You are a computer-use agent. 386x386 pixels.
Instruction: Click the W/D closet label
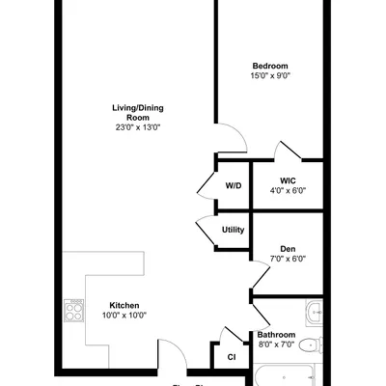tap(234, 184)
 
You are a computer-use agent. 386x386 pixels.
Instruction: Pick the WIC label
tap(288, 180)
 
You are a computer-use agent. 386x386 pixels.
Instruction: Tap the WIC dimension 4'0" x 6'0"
tap(288, 191)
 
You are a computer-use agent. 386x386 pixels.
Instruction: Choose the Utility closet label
tap(234, 230)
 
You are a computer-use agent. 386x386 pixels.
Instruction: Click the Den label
tap(288, 248)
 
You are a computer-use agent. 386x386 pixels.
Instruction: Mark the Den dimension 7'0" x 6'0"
tap(288, 259)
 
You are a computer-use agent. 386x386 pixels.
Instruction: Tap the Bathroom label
tap(276, 334)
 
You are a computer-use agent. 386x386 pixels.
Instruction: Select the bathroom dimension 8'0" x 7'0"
tap(276, 345)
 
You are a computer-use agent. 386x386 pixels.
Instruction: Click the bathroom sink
tap(314, 312)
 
